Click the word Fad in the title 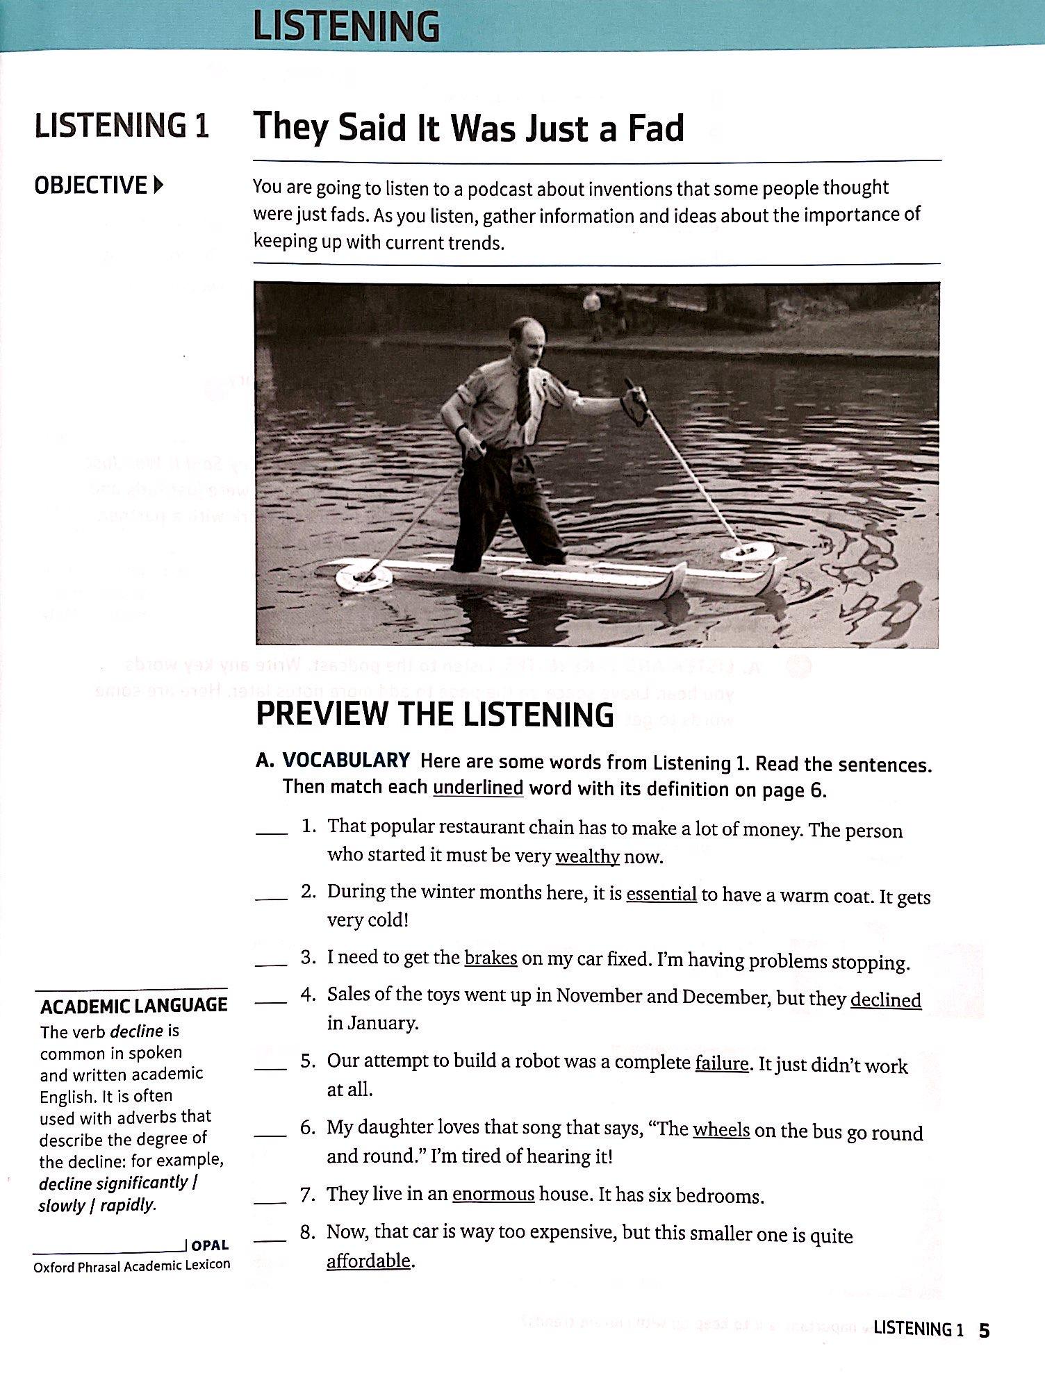point(656,128)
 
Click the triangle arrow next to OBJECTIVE point(159,185)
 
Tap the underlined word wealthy point(587,856)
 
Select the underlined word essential point(661,893)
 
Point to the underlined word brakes point(491,958)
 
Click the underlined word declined point(885,999)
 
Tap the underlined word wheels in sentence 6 point(721,1130)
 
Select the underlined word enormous point(493,1195)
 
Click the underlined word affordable point(368,1260)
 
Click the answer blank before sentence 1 point(271,832)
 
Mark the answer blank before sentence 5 point(271,1068)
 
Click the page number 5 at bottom point(984,1329)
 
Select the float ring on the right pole point(748,552)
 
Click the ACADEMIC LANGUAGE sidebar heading point(133,1006)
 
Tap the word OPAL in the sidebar point(210,1245)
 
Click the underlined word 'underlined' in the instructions point(477,788)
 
